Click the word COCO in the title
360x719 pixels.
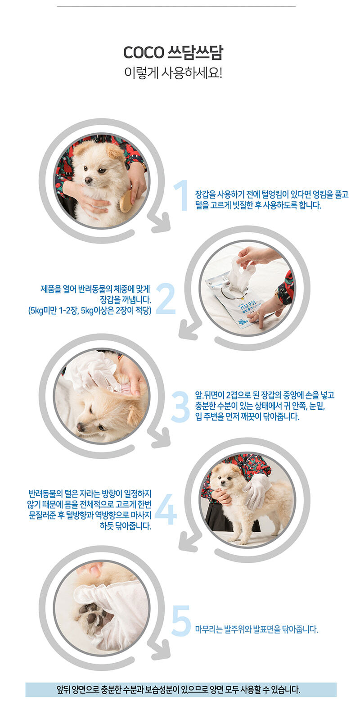click(x=144, y=53)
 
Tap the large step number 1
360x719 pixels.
click(x=182, y=195)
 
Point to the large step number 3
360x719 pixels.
click(x=180, y=407)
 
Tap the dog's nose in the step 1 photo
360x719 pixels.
click(x=88, y=181)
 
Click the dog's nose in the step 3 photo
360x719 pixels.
click(x=81, y=427)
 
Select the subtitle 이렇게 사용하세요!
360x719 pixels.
click(x=173, y=73)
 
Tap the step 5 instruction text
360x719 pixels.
click(x=256, y=629)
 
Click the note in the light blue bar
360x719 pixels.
click(x=178, y=689)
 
